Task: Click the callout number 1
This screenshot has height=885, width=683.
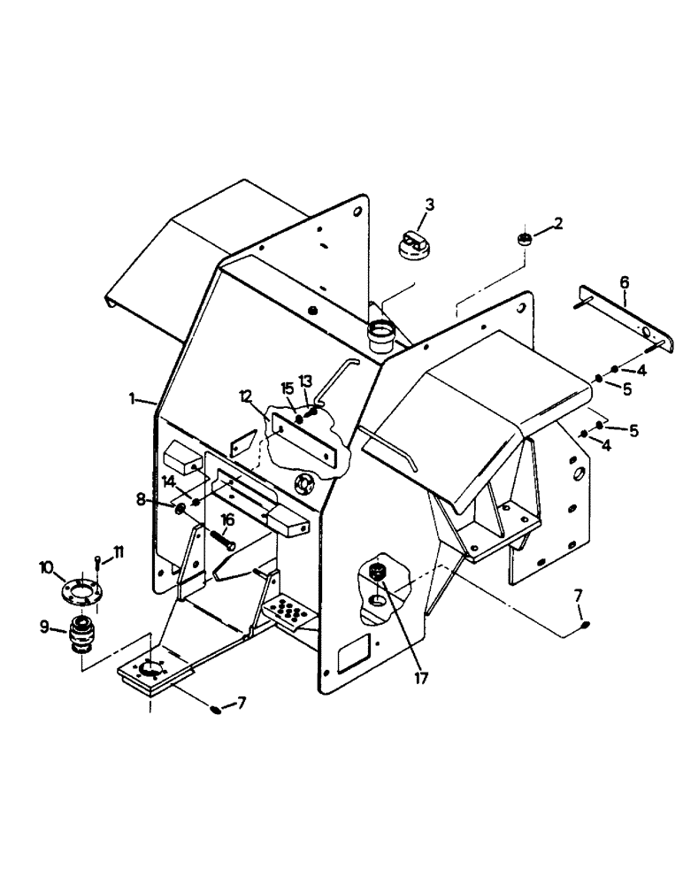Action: (132, 399)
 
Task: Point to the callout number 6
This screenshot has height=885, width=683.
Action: (625, 281)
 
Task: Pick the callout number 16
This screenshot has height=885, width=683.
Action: (227, 519)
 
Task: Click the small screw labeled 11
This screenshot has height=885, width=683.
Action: (98, 566)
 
